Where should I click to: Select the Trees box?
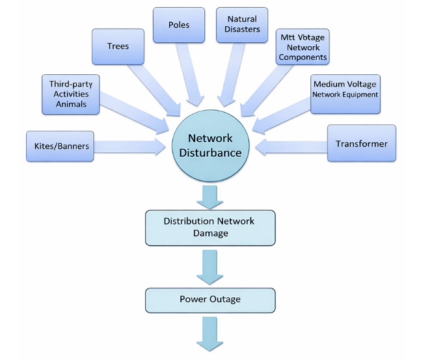(x=118, y=46)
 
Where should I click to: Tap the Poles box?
(x=179, y=25)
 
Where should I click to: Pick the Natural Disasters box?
(x=241, y=25)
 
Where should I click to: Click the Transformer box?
(x=361, y=143)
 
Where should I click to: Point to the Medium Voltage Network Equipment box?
(x=344, y=94)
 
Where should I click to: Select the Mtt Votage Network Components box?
(x=302, y=47)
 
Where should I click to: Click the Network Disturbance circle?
(x=211, y=145)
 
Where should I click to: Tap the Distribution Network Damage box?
(x=210, y=227)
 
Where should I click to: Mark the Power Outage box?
(x=210, y=299)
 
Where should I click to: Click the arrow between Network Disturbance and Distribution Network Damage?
(x=210, y=196)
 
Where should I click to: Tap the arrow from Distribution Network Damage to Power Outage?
(x=210, y=268)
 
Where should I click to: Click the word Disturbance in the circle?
(x=211, y=154)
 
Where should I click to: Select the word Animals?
(x=71, y=104)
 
